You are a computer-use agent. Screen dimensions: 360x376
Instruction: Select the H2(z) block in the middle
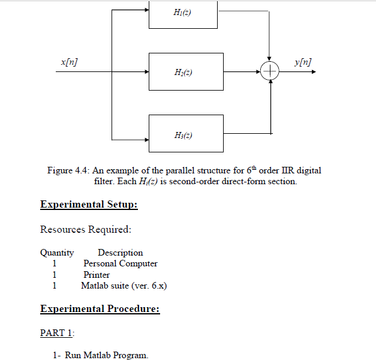(186, 71)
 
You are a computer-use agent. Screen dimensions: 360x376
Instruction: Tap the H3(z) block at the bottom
(186, 133)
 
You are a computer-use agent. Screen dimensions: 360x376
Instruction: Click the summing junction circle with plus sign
(272, 71)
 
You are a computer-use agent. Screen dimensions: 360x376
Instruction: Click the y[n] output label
(303, 62)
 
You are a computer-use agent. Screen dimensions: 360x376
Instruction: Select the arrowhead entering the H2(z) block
(145, 71)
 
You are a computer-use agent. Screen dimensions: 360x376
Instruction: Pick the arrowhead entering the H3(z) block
(145, 133)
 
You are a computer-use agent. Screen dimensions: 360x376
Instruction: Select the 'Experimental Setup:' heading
(89, 205)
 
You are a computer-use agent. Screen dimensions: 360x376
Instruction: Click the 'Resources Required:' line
(85, 229)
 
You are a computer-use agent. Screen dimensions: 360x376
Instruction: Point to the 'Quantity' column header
(57, 253)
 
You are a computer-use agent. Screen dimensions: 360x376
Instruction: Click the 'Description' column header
(120, 253)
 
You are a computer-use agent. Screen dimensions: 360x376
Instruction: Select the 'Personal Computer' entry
(120, 263)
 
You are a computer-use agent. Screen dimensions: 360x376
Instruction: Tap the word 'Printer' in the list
(97, 275)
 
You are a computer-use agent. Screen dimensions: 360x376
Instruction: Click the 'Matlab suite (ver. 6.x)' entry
(124, 286)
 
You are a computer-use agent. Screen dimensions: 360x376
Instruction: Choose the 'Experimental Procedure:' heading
(100, 309)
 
